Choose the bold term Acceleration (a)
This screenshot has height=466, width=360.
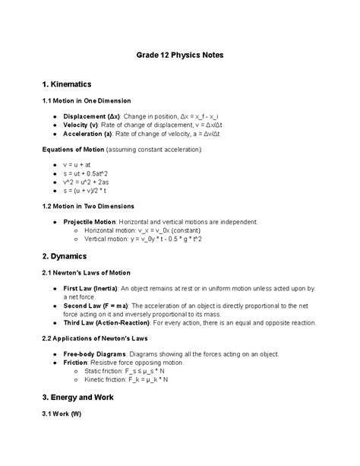pos(81,134)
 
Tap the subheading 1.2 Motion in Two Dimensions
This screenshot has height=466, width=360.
pos(87,206)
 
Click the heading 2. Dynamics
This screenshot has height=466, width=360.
pos(64,256)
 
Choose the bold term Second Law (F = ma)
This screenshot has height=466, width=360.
pos(85,306)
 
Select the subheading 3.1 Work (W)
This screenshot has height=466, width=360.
pos(59,414)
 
